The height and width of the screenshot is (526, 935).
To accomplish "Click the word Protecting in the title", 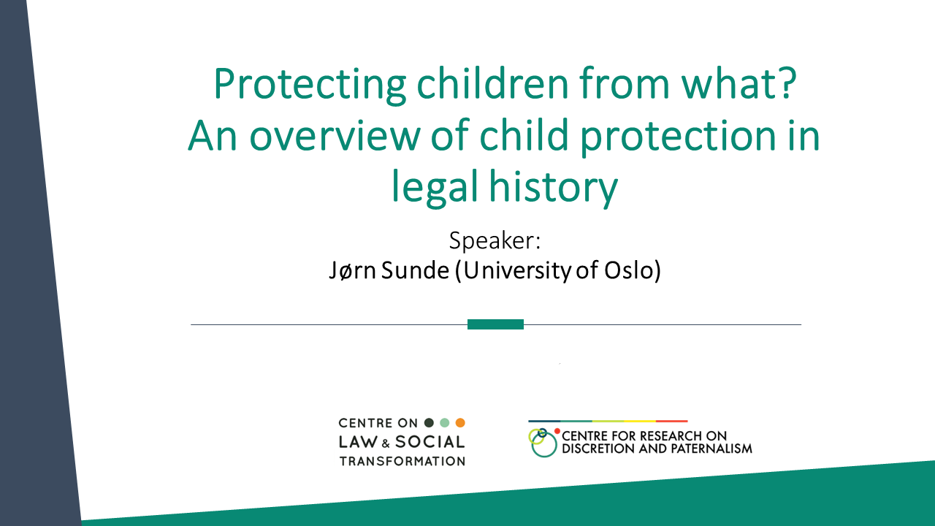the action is coord(310,85).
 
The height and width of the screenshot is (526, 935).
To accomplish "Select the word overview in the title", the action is coord(335,136).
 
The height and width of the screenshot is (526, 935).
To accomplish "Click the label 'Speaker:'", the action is coord(495,241).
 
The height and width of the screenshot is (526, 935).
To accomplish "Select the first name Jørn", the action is coord(353,270).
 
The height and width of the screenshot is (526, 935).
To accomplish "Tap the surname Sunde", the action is coord(415,270).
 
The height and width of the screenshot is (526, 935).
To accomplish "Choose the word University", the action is coord(516,270).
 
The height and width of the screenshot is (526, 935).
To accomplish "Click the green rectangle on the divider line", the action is coord(495,324).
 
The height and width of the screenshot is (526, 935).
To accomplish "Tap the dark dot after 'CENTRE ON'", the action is coord(429,423).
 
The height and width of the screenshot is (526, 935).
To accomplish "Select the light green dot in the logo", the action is coord(445,423).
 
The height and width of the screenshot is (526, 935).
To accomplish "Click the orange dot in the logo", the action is coord(460,423).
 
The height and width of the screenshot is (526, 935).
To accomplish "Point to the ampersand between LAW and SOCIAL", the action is coord(386,443).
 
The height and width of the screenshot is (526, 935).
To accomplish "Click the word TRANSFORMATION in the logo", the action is coord(402,461).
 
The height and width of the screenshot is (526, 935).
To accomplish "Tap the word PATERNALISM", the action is coord(711,449).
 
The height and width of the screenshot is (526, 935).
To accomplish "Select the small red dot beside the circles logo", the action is coord(557,431).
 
